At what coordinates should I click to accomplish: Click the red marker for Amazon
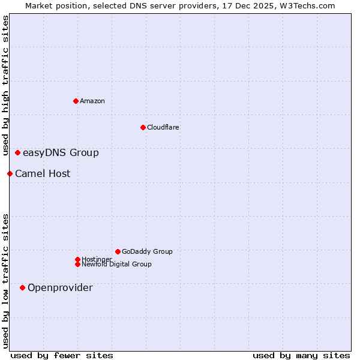(x=76, y=101)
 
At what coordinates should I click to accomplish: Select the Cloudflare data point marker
(x=143, y=127)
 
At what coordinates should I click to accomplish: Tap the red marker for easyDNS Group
(x=18, y=152)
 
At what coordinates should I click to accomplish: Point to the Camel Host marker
(x=10, y=173)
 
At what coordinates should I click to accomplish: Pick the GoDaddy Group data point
(x=118, y=251)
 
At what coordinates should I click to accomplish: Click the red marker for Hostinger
(x=77, y=259)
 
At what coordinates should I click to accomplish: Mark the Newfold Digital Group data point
(x=77, y=264)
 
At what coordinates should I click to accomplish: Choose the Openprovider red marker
(x=23, y=287)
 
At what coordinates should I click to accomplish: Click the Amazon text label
(x=92, y=101)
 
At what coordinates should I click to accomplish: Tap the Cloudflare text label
(x=163, y=127)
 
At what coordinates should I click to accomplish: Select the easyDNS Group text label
(x=61, y=152)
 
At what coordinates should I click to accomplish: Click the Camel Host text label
(x=43, y=173)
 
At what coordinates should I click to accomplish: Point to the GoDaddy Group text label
(x=147, y=251)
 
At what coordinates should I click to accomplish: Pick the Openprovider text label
(x=60, y=287)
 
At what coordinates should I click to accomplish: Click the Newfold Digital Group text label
(x=116, y=264)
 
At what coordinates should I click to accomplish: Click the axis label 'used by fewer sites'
(x=62, y=355)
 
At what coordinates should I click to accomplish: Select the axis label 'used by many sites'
(x=301, y=355)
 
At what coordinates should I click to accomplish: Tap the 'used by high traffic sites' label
(x=5, y=85)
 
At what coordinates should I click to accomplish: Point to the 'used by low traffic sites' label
(x=5, y=281)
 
